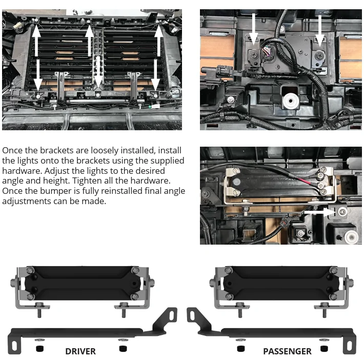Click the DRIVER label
(80, 351)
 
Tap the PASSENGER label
(287, 351)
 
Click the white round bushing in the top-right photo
(291, 101)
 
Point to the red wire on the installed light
(302, 181)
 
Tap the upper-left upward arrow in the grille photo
(37, 38)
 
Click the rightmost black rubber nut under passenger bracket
(323, 349)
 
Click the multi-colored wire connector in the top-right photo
(267, 52)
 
